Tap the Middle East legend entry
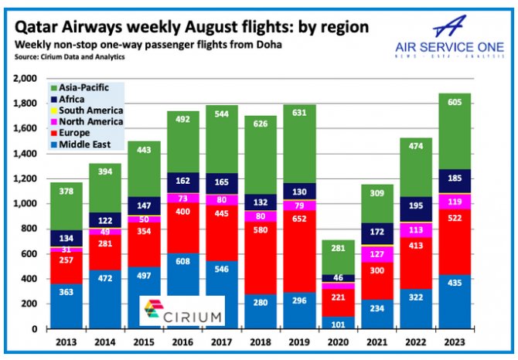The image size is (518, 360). [83, 144]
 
